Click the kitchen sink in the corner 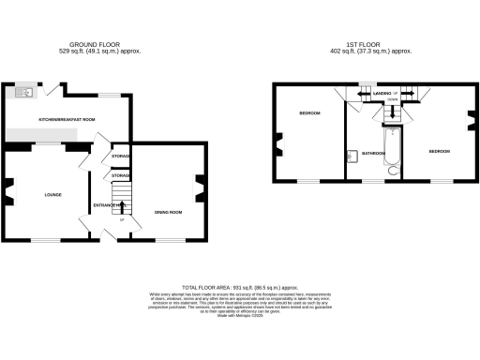tap(22, 91)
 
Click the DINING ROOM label tap(168, 213)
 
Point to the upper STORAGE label tap(121, 156)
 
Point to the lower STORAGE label tap(121, 175)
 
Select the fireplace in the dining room tap(199, 190)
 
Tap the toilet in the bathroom tap(393, 172)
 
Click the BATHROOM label tap(374, 152)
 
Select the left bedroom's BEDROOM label tap(310, 113)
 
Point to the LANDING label tap(382, 95)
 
